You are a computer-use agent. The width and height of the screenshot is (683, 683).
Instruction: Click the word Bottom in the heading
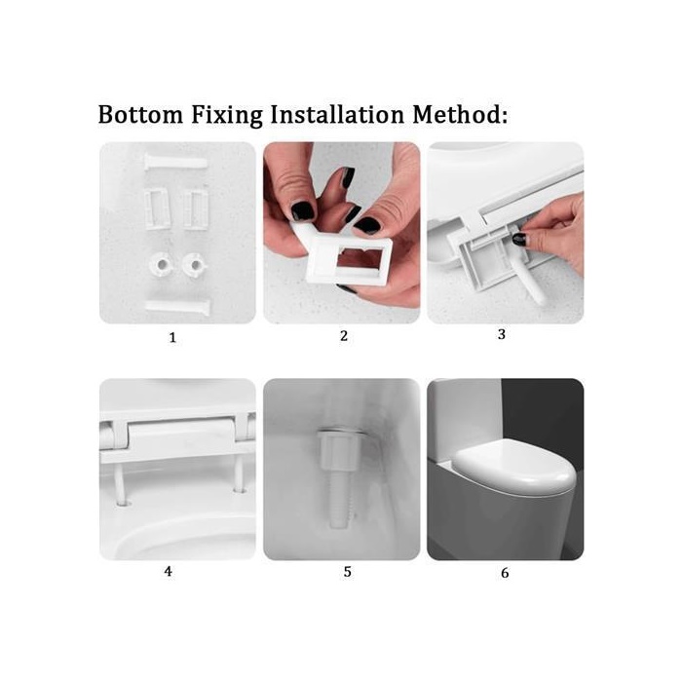(x=140, y=115)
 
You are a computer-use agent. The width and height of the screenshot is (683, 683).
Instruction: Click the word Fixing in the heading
(x=227, y=116)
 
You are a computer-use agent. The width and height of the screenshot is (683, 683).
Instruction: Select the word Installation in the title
(x=337, y=115)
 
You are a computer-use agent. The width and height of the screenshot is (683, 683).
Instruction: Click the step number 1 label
(x=172, y=337)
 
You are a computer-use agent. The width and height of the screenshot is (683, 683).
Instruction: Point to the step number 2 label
(x=344, y=336)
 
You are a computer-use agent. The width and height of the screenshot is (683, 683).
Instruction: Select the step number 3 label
(x=502, y=334)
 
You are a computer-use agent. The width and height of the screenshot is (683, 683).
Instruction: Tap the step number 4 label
(x=169, y=571)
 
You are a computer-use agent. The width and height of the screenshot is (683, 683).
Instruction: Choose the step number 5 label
(x=347, y=572)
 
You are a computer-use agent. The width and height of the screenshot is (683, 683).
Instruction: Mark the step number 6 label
(x=505, y=573)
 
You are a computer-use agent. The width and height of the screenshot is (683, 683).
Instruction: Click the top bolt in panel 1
(x=175, y=163)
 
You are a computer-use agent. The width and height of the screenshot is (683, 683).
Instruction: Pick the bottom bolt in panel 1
(x=177, y=307)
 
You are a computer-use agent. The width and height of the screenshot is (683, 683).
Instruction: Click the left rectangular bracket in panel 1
(x=157, y=209)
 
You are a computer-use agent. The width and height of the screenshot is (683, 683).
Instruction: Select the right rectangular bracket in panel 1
(x=196, y=209)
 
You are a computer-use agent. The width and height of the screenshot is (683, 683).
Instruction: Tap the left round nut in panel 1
(x=162, y=264)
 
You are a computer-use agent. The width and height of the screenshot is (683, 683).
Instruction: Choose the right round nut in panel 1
(x=194, y=264)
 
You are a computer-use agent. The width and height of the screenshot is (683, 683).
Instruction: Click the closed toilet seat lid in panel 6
(x=514, y=469)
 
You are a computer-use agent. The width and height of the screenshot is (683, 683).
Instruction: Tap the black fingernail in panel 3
(x=519, y=239)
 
